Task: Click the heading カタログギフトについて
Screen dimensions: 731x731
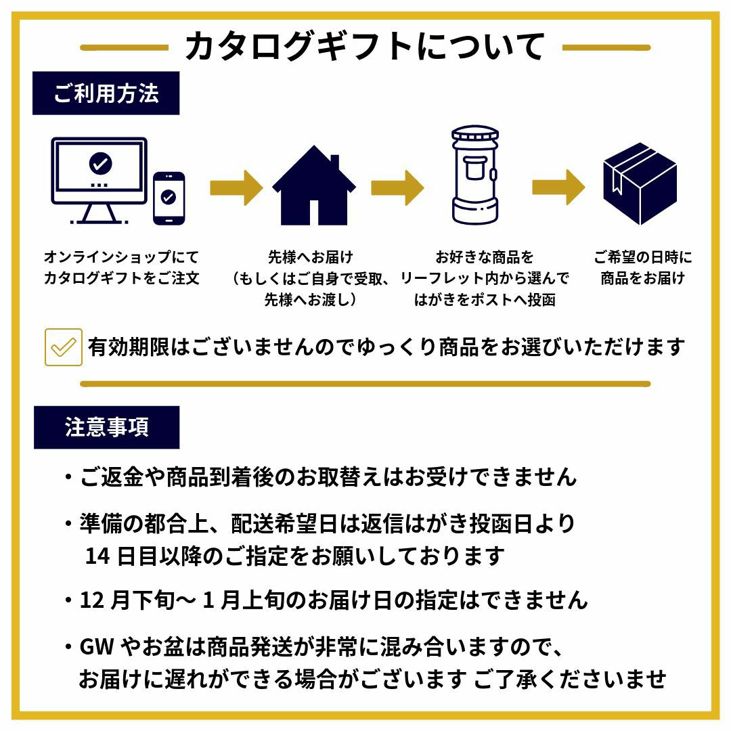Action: tap(365, 47)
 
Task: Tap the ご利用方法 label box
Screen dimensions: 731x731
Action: tap(106, 93)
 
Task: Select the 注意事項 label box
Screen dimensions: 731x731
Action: tap(106, 427)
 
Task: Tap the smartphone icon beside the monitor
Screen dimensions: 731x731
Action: tap(169, 198)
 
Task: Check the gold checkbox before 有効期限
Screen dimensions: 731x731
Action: tap(64, 347)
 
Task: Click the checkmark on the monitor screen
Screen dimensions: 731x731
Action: tap(101, 163)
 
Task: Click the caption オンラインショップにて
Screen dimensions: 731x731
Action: tap(122, 257)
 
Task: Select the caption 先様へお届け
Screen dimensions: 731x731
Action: tap(310, 257)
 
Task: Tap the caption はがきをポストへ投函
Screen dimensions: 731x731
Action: tap(485, 299)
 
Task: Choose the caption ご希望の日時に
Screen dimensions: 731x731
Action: tap(643, 257)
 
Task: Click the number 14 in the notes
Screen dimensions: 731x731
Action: tap(97, 556)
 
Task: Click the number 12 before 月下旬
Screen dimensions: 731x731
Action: tap(91, 600)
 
